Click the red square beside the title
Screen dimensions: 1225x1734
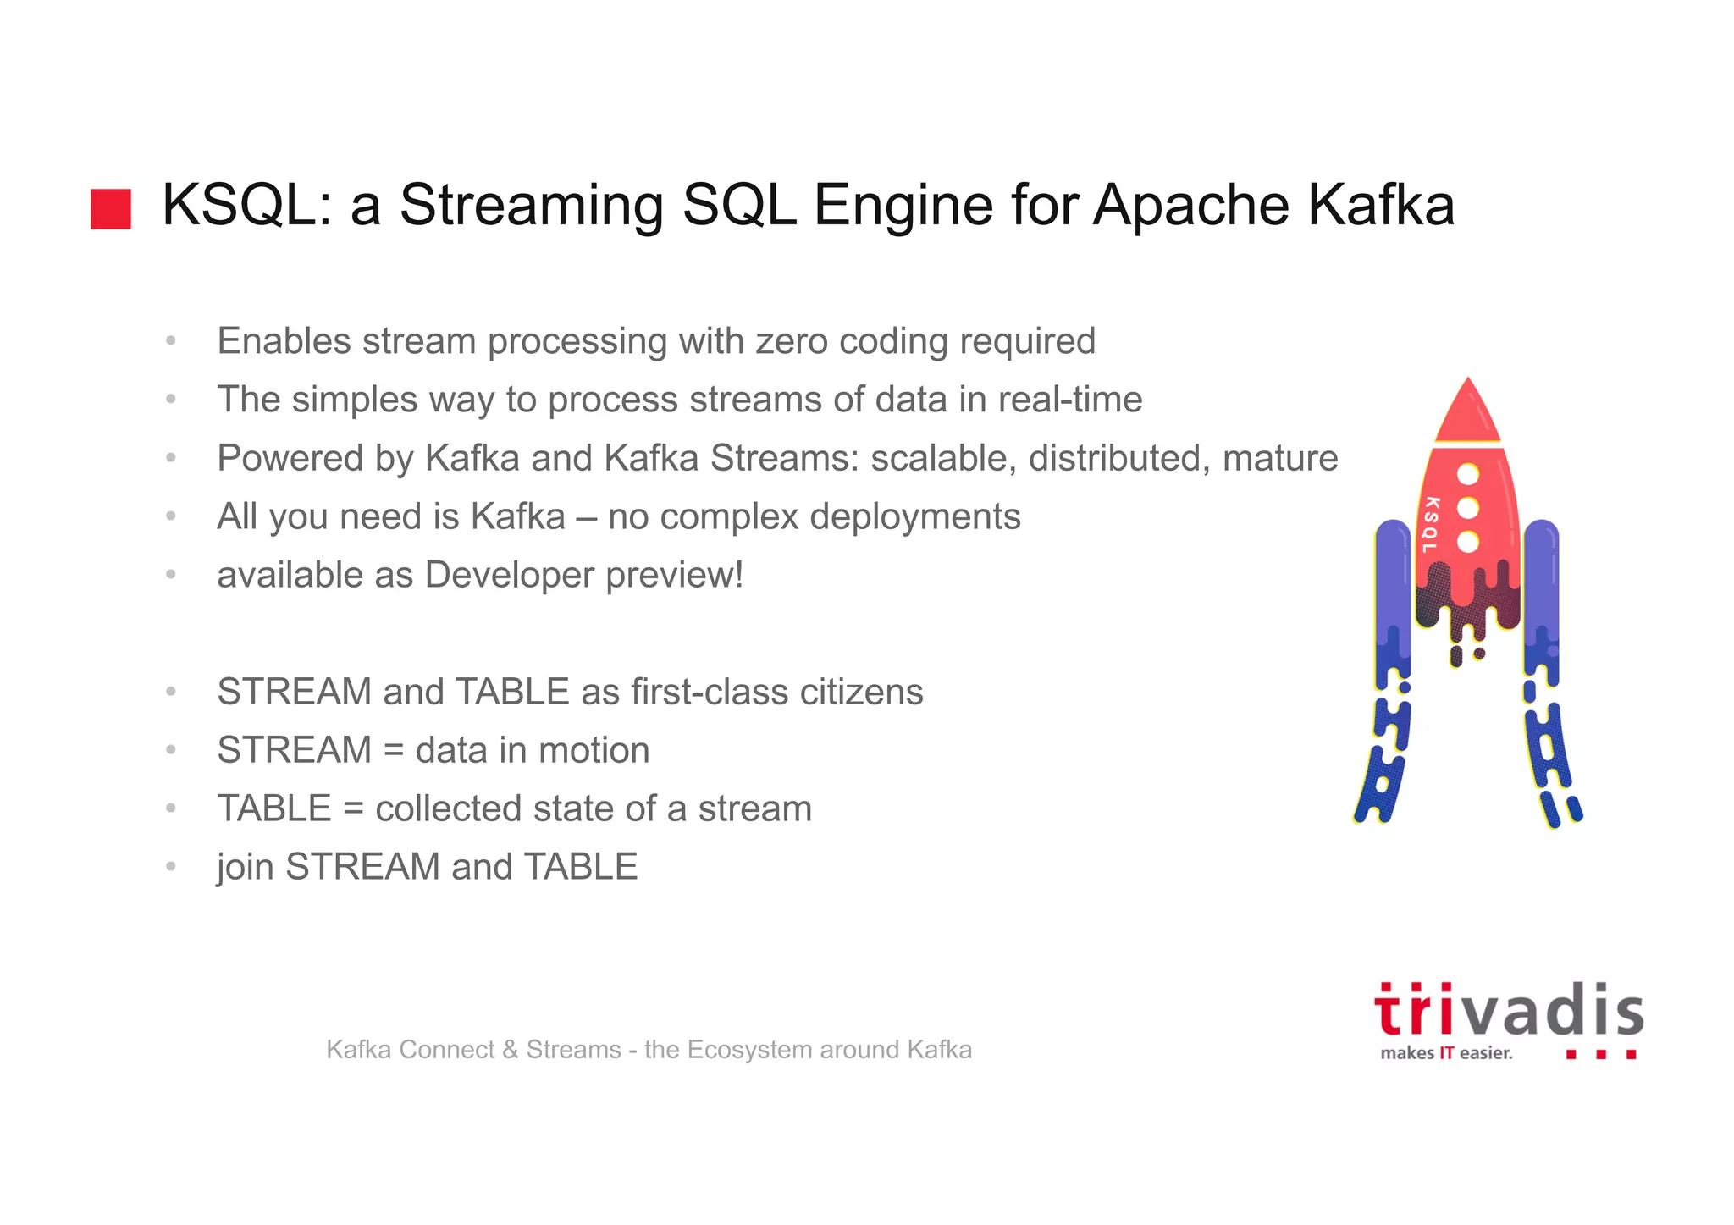pyautogui.click(x=111, y=209)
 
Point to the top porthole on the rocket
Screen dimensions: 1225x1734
pyautogui.click(x=1468, y=474)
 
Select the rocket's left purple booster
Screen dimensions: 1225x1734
pyautogui.click(x=1392, y=593)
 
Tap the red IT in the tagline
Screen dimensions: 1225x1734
pyautogui.click(x=1446, y=1053)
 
